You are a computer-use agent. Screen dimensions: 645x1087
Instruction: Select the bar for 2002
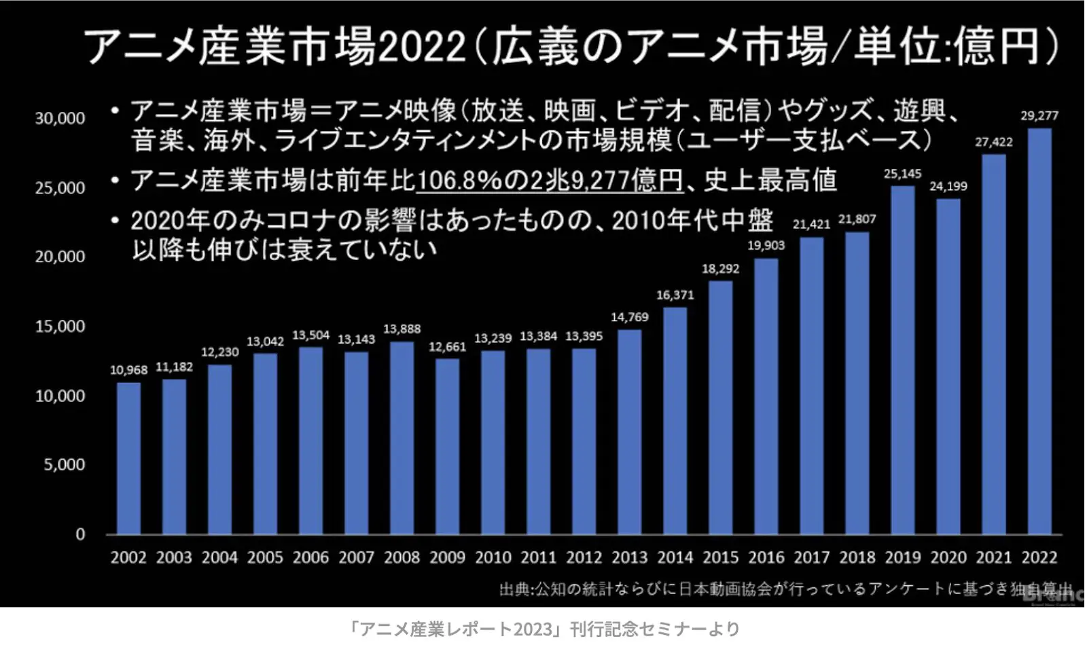click(x=128, y=458)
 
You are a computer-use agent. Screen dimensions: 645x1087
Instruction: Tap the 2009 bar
click(x=447, y=446)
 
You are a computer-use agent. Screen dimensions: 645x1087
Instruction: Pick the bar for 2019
click(x=903, y=360)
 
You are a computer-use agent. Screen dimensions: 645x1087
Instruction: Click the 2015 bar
click(x=720, y=407)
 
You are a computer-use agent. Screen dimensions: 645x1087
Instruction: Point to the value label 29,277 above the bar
click(x=1039, y=115)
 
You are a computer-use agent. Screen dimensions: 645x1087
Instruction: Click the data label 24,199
click(x=948, y=186)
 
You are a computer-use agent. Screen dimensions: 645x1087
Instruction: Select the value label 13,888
click(x=402, y=329)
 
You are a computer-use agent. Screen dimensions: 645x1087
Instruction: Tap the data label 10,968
click(x=128, y=370)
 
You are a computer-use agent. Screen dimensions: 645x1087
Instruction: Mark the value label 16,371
click(x=675, y=295)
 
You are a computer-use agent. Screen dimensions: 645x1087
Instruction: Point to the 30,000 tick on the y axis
click(x=60, y=118)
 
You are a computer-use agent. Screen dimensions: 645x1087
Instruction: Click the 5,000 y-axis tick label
click(x=65, y=465)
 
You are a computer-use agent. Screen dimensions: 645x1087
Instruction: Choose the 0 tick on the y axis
click(x=80, y=534)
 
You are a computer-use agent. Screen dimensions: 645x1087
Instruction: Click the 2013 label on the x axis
click(x=629, y=557)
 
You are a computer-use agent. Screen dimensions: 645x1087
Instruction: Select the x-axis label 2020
click(x=948, y=557)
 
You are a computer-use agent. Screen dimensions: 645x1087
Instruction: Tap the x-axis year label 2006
click(x=310, y=557)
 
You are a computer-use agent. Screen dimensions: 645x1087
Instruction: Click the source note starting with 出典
click(x=785, y=589)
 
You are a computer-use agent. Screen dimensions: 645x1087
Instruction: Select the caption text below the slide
click(x=543, y=629)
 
